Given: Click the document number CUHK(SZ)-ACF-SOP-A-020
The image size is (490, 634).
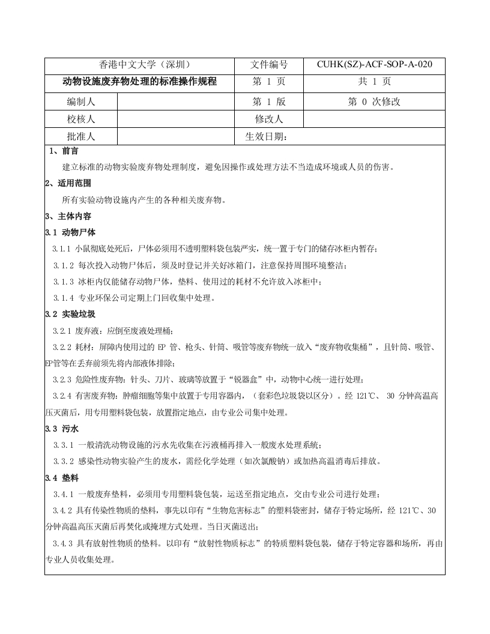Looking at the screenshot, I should coord(374,65).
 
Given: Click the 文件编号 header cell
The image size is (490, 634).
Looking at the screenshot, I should coord(269,65).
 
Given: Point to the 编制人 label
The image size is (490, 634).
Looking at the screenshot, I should coord(81,101).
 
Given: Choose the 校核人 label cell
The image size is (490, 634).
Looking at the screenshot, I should coord(81,119).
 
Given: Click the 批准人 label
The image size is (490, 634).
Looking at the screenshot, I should coord(81,136).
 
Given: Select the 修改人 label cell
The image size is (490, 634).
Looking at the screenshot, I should coord(269,119).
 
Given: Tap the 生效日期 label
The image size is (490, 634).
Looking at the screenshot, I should coord(267,136).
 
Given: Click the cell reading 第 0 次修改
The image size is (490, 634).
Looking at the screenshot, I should coord(374,101).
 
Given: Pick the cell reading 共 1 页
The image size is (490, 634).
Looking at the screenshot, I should coord(374,82).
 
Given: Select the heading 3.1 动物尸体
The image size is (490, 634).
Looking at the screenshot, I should coord(70,232).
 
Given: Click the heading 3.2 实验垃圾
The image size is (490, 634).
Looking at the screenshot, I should coord(70,314).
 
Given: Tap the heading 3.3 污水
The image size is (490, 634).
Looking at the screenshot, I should coord(62,429).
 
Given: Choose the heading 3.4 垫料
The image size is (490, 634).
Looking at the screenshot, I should coord(62,478).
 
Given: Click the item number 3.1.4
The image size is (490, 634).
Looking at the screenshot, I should coord(63,298).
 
